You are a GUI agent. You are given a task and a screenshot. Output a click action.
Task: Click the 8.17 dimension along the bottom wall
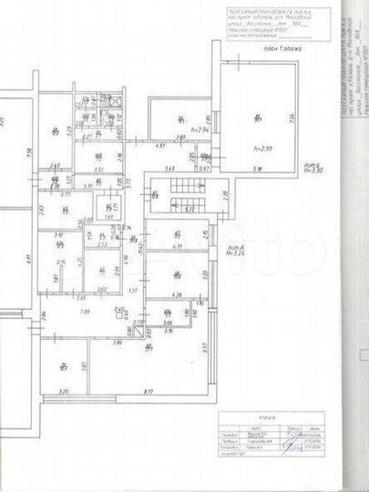click(147, 392)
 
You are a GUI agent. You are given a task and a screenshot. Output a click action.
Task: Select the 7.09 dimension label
click(85, 313)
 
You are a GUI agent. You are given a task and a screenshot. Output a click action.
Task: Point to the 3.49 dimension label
click(169, 169)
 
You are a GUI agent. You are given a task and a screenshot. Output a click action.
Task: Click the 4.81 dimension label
click(159, 146)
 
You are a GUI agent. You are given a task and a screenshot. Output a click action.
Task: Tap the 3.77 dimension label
click(65, 194)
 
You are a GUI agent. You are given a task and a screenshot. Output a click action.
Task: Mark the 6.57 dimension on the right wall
click(207, 345)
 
